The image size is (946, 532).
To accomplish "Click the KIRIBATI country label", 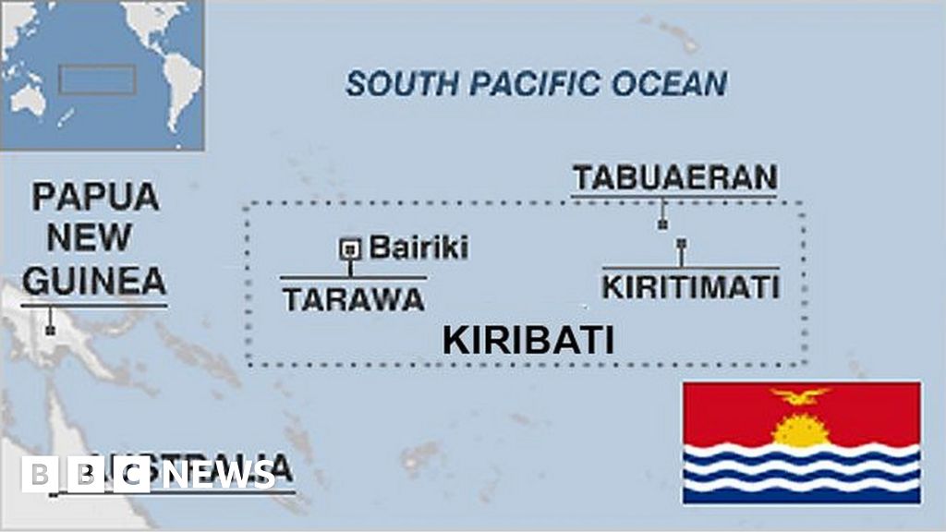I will click(x=528, y=340).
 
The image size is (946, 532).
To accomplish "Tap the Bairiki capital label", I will click(x=418, y=248).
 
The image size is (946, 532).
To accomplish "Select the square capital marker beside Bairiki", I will click(x=350, y=248).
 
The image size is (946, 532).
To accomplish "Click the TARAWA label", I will click(x=353, y=299).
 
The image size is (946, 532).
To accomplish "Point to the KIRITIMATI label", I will click(x=691, y=286).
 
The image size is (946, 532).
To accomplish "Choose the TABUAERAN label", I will click(x=674, y=176).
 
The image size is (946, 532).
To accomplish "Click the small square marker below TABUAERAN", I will click(x=662, y=224).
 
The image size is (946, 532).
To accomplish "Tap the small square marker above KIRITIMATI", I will click(x=681, y=244).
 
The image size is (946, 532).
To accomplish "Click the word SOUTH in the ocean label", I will click(x=403, y=84).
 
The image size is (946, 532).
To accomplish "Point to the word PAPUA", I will click(x=94, y=197).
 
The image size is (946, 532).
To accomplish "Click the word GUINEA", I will click(x=94, y=280).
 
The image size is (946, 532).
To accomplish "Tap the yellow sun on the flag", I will click(x=799, y=429).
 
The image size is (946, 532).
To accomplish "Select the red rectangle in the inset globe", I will click(x=97, y=79).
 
